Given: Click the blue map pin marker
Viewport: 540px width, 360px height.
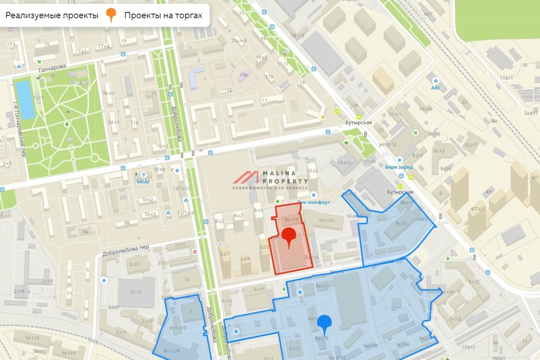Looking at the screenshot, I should tap(324, 323).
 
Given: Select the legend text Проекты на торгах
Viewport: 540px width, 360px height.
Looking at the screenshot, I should tap(163, 16).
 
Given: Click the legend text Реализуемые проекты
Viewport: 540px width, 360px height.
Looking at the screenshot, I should tap(52, 16).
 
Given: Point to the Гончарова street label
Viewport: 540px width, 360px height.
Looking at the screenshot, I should tap(51, 67).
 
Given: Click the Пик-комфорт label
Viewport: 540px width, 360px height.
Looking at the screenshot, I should tap(314, 202).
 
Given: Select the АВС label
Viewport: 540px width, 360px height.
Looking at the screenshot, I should tap(436, 88).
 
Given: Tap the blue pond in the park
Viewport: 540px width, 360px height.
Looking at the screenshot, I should tap(25, 99).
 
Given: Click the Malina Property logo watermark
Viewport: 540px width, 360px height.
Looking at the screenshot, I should tap(270, 180).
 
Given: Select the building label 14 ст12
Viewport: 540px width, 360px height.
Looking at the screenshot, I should tap(326, 220).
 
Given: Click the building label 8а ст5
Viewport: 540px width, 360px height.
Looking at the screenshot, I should tap(292, 219).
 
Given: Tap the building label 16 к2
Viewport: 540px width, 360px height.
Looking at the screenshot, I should tap(312, 171).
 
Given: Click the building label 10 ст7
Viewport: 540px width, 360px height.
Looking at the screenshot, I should tap(470, 144).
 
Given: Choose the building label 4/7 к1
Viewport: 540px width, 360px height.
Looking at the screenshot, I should tap(477, 209).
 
